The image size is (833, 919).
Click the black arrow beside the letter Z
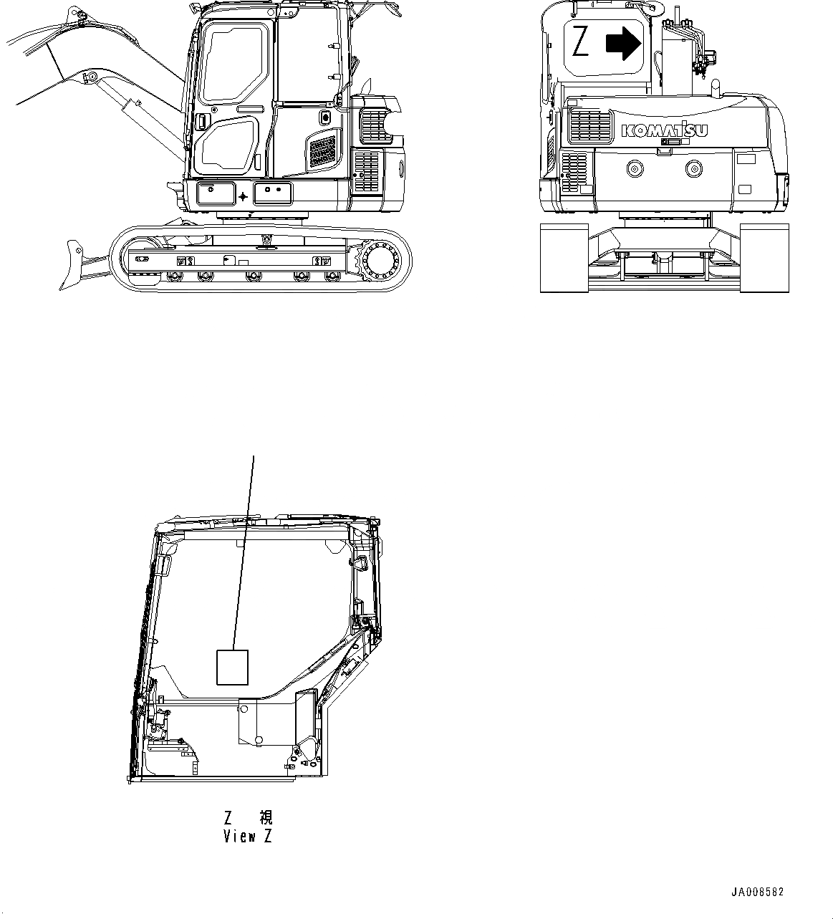coord(622,43)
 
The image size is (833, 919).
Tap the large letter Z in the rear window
coord(580,44)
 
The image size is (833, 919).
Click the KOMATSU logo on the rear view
coord(665,130)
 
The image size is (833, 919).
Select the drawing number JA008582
coord(757,892)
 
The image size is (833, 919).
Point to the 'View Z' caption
coord(248,836)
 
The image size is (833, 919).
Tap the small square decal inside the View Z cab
coord(232,667)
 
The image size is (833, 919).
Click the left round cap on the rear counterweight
coord(634,169)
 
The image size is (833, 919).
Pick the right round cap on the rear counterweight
coord(693,169)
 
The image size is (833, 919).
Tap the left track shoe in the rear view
coord(564,258)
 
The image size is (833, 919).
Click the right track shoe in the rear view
coord(764,258)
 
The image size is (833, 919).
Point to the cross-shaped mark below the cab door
coord(244,196)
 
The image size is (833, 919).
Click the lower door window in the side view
coord(226,146)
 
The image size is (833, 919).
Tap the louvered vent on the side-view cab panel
coord(322,153)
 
